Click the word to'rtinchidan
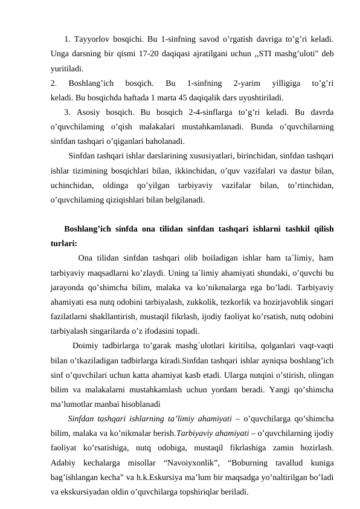click(x=307, y=185)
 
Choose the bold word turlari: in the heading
click(x=64, y=244)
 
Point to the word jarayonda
click(x=69, y=288)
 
